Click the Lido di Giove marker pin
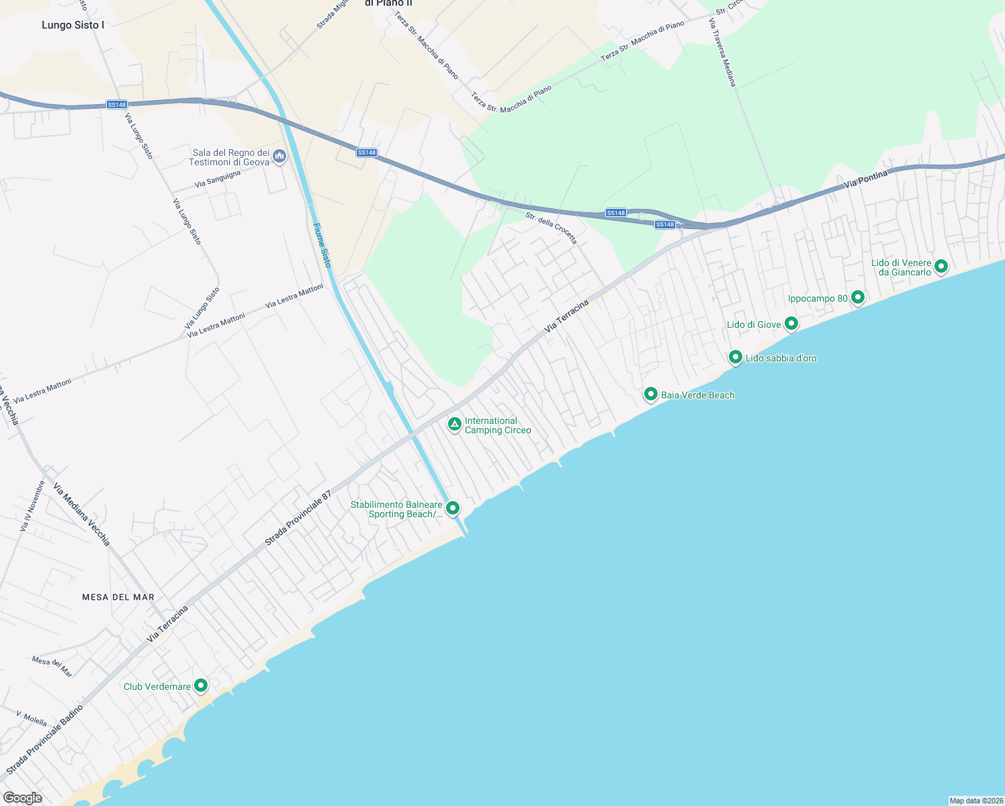tap(791, 324)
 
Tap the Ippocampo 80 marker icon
tap(857, 297)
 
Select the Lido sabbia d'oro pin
tap(736, 357)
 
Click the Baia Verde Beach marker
tap(650, 394)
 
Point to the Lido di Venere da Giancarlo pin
tap(941, 266)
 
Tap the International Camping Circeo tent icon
tap(455, 424)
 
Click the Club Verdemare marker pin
tap(201, 685)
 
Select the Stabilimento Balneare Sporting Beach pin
tap(453, 508)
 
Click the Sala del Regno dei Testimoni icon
tap(280, 156)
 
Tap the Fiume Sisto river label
tap(322, 245)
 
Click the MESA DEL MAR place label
tap(118, 597)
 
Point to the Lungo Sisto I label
tap(73, 26)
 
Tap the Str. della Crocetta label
tap(551, 228)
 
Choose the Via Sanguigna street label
tap(218, 179)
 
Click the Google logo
tap(23, 797)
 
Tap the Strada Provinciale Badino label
tap(45, 739)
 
